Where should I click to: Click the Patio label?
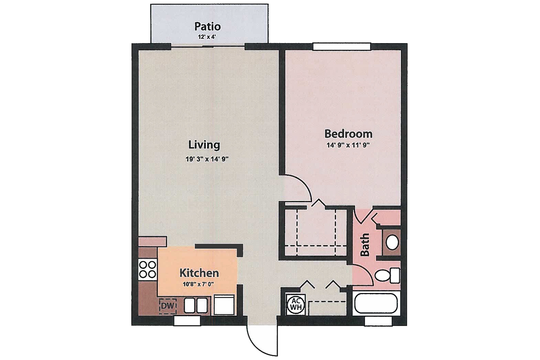[x=207, y=26]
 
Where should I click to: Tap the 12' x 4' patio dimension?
[x=207, y=37]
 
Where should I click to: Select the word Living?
[x=204, y=145]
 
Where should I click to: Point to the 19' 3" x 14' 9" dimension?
[x=207, y=159]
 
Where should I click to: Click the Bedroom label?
[x=348, y=134]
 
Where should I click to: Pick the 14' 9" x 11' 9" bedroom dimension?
[x=348, y=145]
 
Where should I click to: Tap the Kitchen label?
[x=199, y=273]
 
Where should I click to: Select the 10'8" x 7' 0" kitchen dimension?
[x=198, y=284]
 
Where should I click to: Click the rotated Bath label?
[x=365, y=245]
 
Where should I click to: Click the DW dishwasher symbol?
[x=167, y=306]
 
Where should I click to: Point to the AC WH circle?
[x=296, y=304]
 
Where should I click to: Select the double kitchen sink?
[x=196, y=306]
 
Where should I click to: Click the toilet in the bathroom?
[x=387, y=276]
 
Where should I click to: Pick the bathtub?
[x=376, y=303]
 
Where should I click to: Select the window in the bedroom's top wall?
[x=342, y=46]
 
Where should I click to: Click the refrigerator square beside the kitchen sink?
[x=224, y=305]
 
